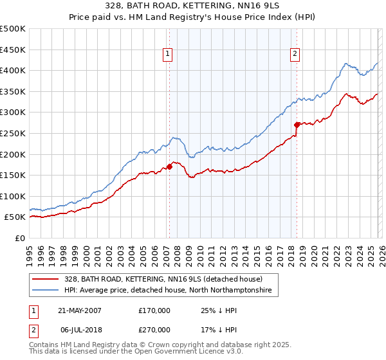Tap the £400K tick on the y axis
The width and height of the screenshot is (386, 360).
click(13, 70)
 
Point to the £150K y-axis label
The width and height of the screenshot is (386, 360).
click(13, 175)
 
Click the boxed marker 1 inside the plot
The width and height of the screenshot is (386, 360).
click(167, 55)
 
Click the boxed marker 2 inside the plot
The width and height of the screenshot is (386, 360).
click(295, 55)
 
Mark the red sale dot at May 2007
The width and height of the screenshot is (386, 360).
click(169, 166)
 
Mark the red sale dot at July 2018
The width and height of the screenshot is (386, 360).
click(297, 125)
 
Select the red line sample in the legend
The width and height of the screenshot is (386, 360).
click(45, 279)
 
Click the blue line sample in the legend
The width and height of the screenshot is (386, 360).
click(45, 291)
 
